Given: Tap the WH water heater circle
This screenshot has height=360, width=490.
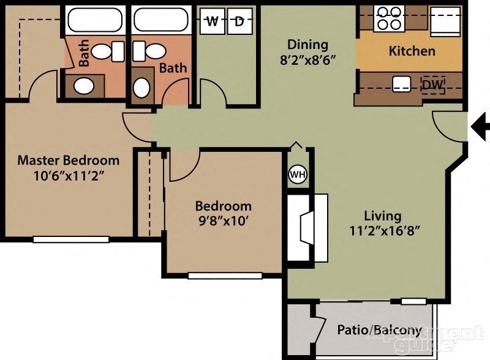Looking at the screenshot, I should tap(298, 174).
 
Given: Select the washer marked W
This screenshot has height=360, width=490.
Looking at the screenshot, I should tap(212, 22).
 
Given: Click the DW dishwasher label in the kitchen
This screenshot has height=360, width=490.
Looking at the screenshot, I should tap(433, 84).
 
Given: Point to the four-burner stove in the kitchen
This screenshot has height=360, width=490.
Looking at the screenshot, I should tap(387, 18).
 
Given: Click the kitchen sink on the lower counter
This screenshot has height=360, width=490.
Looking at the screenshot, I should tap(401, 84).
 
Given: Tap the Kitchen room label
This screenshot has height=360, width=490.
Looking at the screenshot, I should tap(412, 51).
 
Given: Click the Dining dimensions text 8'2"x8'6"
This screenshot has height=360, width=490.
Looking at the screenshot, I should tap(309, 61).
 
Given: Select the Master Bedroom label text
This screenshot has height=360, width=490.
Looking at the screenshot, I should tap(68, 160).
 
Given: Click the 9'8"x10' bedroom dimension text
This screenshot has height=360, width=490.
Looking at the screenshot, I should tap(223, 222).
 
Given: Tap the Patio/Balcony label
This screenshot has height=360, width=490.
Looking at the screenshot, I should tap(379, 331).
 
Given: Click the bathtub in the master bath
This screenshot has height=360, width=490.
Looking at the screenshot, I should tap(94, 20).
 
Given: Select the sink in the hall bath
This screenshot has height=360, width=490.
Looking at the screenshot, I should tap(142, 87).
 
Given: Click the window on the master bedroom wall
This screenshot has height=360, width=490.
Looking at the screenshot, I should tap(71, 239).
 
